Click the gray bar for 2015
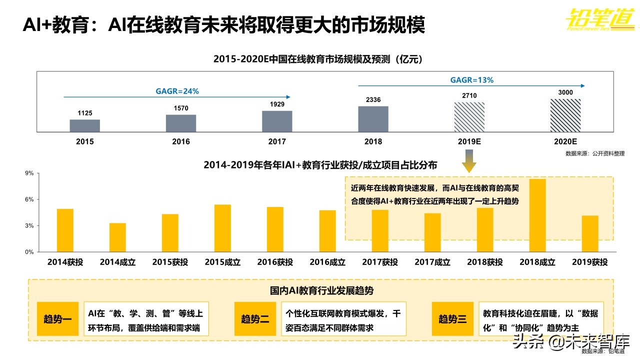pos(84,125)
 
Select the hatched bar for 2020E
pos(565,115)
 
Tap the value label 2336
pos(373,100)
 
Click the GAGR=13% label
pos(472,79)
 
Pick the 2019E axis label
pos(469,141)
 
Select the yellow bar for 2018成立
pos(537,215)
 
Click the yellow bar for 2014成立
pos(117,237)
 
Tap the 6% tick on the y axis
pos(29,199)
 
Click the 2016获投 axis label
pos(275,262)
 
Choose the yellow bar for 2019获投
pos(590,233)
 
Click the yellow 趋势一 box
pos(57,318)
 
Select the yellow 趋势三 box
pos(452,318)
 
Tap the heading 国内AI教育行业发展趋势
pos(321,290)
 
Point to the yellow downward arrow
pos(469,163)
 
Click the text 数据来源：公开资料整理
pos(595,153)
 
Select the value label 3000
pos(565,92)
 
